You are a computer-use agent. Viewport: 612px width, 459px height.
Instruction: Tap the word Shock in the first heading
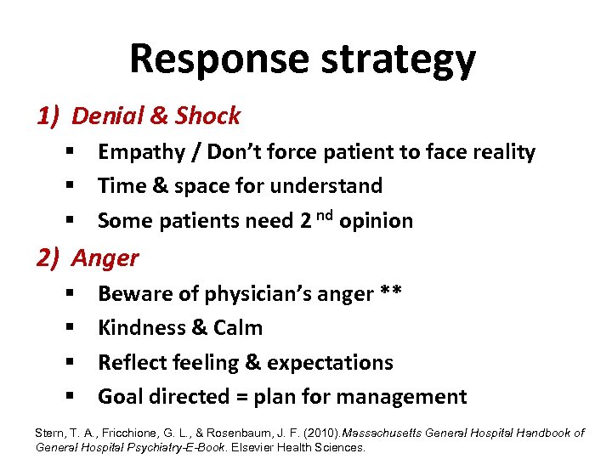pyautogui.click(x=210, y=116)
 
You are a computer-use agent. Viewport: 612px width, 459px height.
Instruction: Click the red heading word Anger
pyautogui.click(x=105, y=257)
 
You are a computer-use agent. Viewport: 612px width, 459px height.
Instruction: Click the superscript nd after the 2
pyautogui.click(x=325, y=215)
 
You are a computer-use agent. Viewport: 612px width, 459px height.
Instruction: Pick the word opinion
pyautogui.click(x=376, y=221)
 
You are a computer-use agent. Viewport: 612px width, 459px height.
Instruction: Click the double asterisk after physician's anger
pyautogui.click(x=392, y=293)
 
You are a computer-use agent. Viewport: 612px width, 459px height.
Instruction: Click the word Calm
pyautogui.click(x=239, y=328)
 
